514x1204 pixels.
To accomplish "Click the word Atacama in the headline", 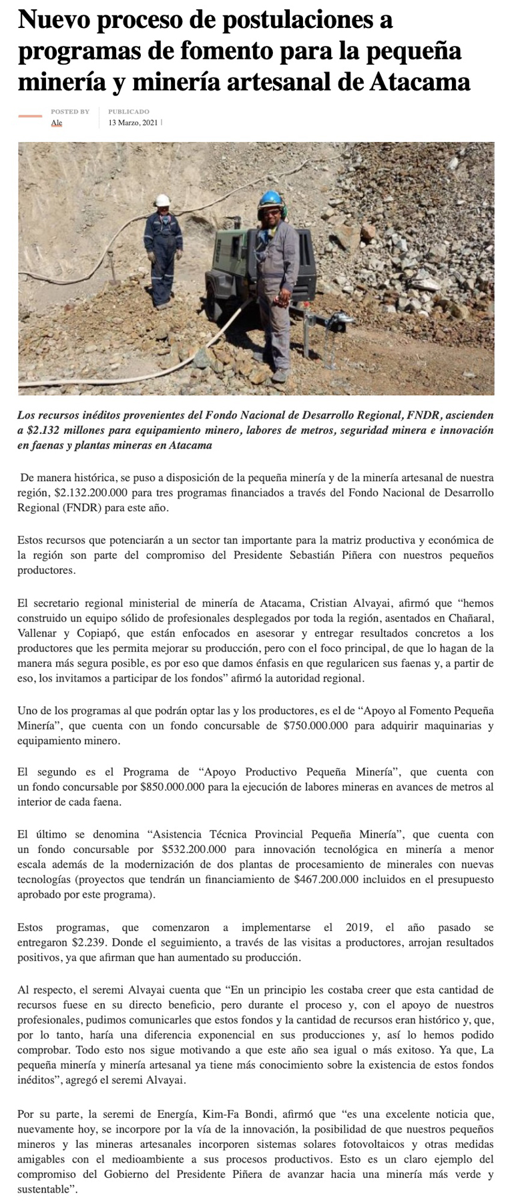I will [419, 82].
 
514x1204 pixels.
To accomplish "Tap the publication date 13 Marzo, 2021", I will [133, 123].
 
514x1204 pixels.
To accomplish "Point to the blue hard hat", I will [270, 198].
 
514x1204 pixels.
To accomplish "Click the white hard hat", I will [162, 200].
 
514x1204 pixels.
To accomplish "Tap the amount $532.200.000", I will [194, 849].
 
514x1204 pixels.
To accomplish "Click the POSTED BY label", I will [69, 111].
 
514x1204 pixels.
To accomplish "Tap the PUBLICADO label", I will [129, 111].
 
